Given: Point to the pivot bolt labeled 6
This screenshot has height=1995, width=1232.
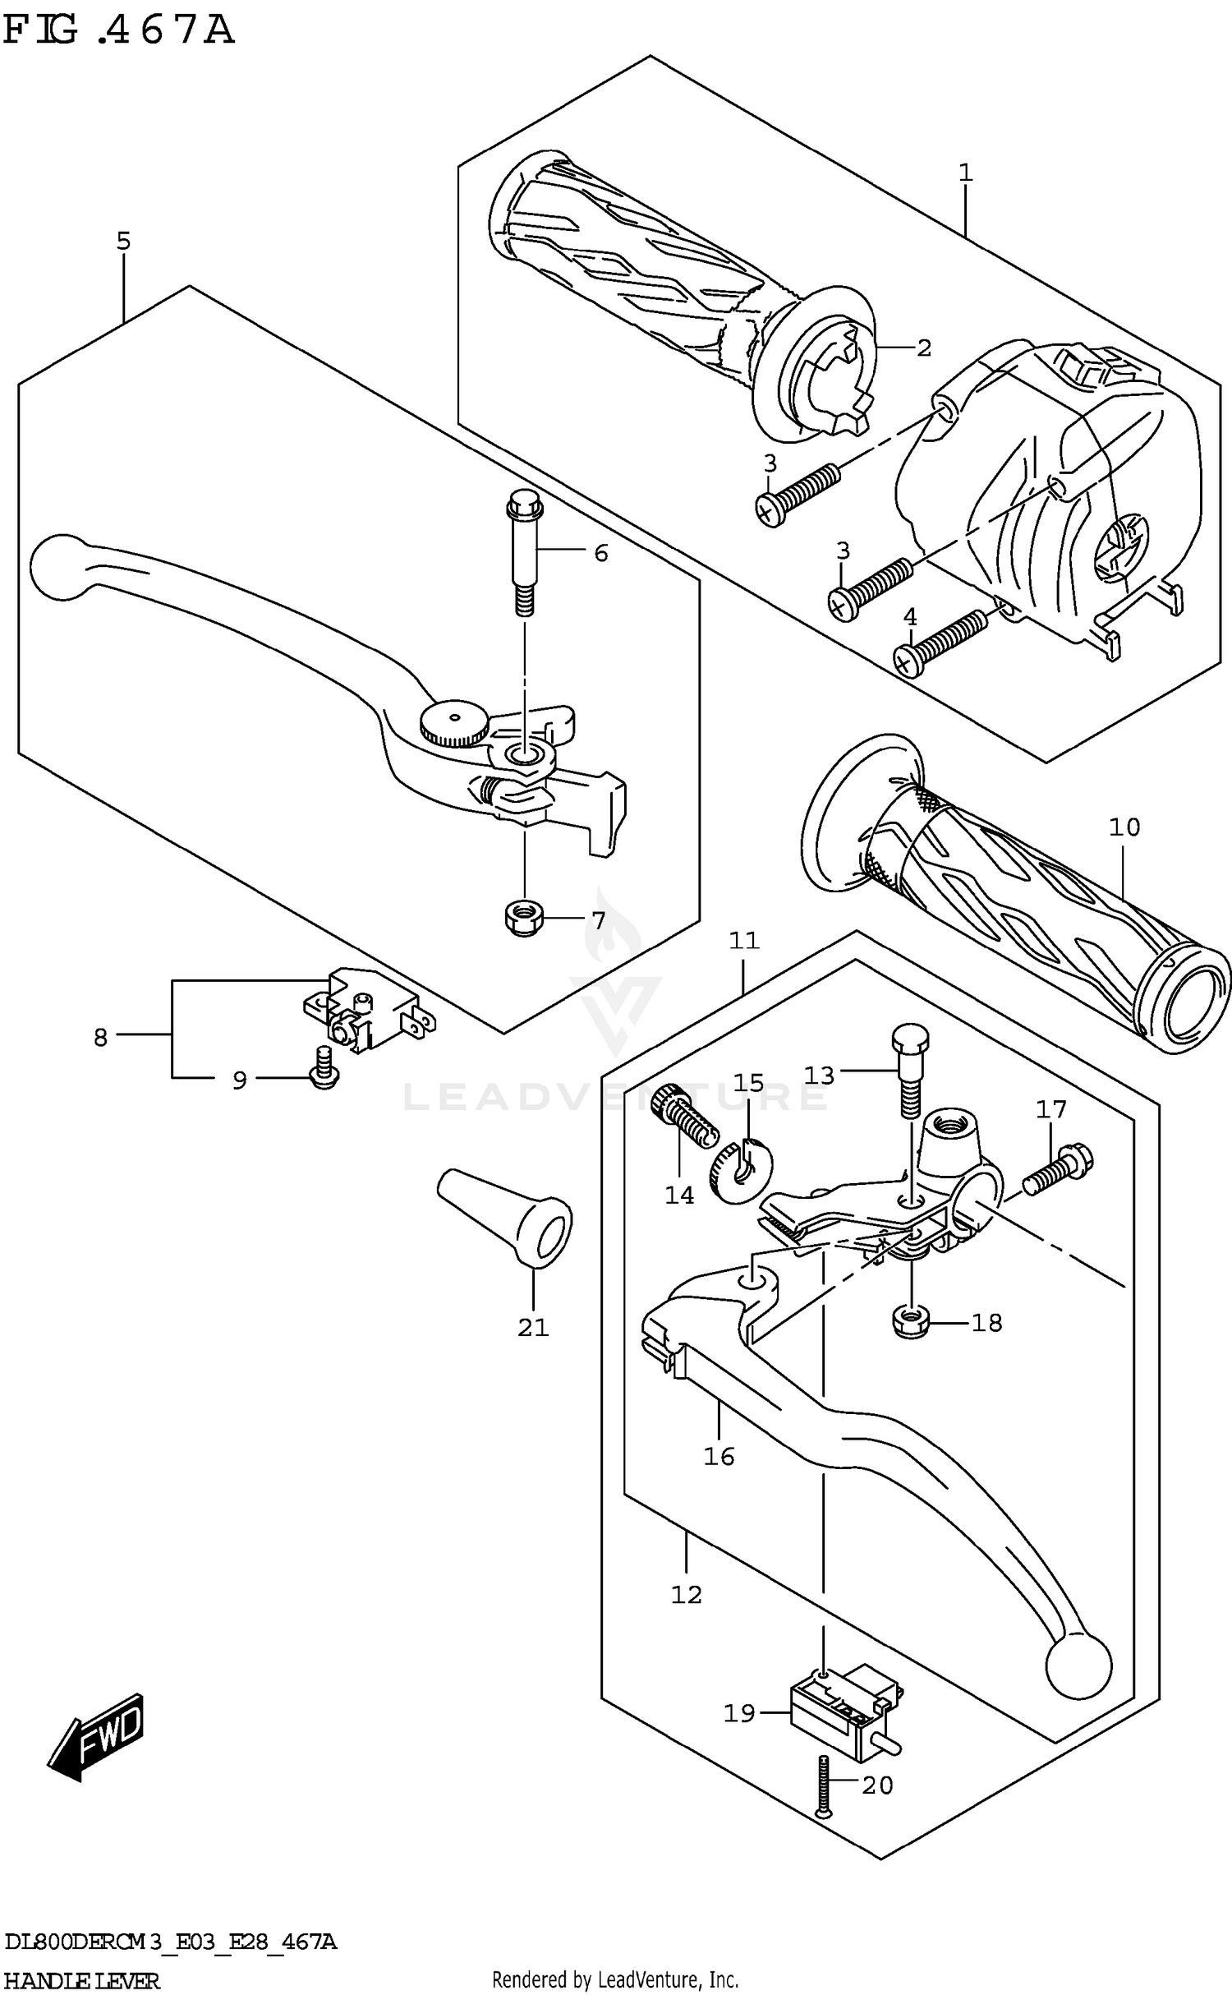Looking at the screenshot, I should (x=523, y=551).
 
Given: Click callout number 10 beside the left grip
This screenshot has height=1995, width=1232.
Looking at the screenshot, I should (x=1124, y=827).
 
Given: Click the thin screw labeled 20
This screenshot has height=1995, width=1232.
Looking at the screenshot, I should (x=822, y=1786).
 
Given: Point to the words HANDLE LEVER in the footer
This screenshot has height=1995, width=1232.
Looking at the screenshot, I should (x=82, y=1979).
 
